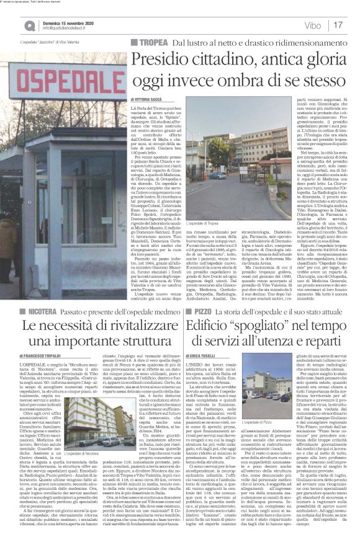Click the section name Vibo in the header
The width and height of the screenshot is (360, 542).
click(x=313, y=26)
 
